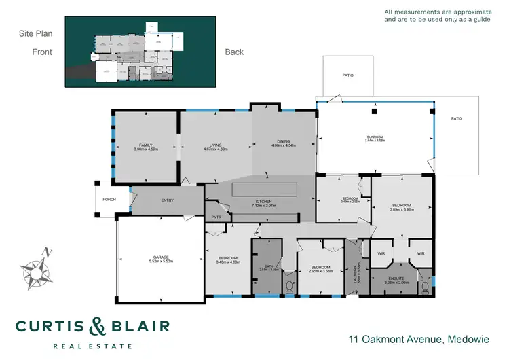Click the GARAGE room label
[x=161, y=256]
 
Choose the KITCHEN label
[x=263, y=202]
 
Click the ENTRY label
[x=168, y=200]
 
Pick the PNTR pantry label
[x=216, y=217]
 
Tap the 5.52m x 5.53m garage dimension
[x=161, y=262]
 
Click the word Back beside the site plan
[x=234, y=52]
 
